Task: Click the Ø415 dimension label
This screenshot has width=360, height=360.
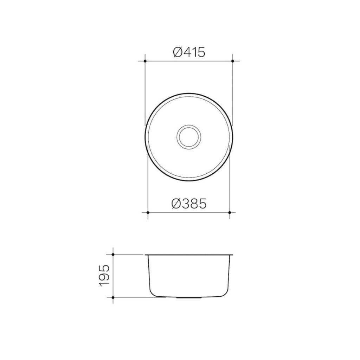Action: click(x=189, y=52)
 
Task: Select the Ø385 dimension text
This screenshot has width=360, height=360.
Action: click(x=189, y=204)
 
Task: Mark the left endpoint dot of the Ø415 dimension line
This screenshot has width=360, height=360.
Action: click(x=145, y=61)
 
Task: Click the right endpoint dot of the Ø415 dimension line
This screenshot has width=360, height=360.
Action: click(x=233, y=61)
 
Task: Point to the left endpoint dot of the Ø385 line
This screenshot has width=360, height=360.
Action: click(x=148, y=213)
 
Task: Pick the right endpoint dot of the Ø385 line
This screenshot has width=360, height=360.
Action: click(x=230, y=213)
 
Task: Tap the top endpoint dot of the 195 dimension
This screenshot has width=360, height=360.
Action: click(x=113, y=254)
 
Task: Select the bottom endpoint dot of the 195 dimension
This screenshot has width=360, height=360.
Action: click(x=113, y=297)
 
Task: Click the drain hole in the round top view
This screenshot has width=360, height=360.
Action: click(x=189, y=137)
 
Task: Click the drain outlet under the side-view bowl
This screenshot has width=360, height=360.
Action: click(x=189, y=298)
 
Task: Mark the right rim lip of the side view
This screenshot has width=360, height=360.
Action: click(x=232, y=254)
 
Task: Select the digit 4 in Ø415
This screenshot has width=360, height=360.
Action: click(x=187, y=52)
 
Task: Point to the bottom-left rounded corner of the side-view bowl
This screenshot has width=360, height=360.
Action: click(x=152, y=293)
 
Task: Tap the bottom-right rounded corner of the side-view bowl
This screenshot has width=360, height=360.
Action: click(x=226, y=293)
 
